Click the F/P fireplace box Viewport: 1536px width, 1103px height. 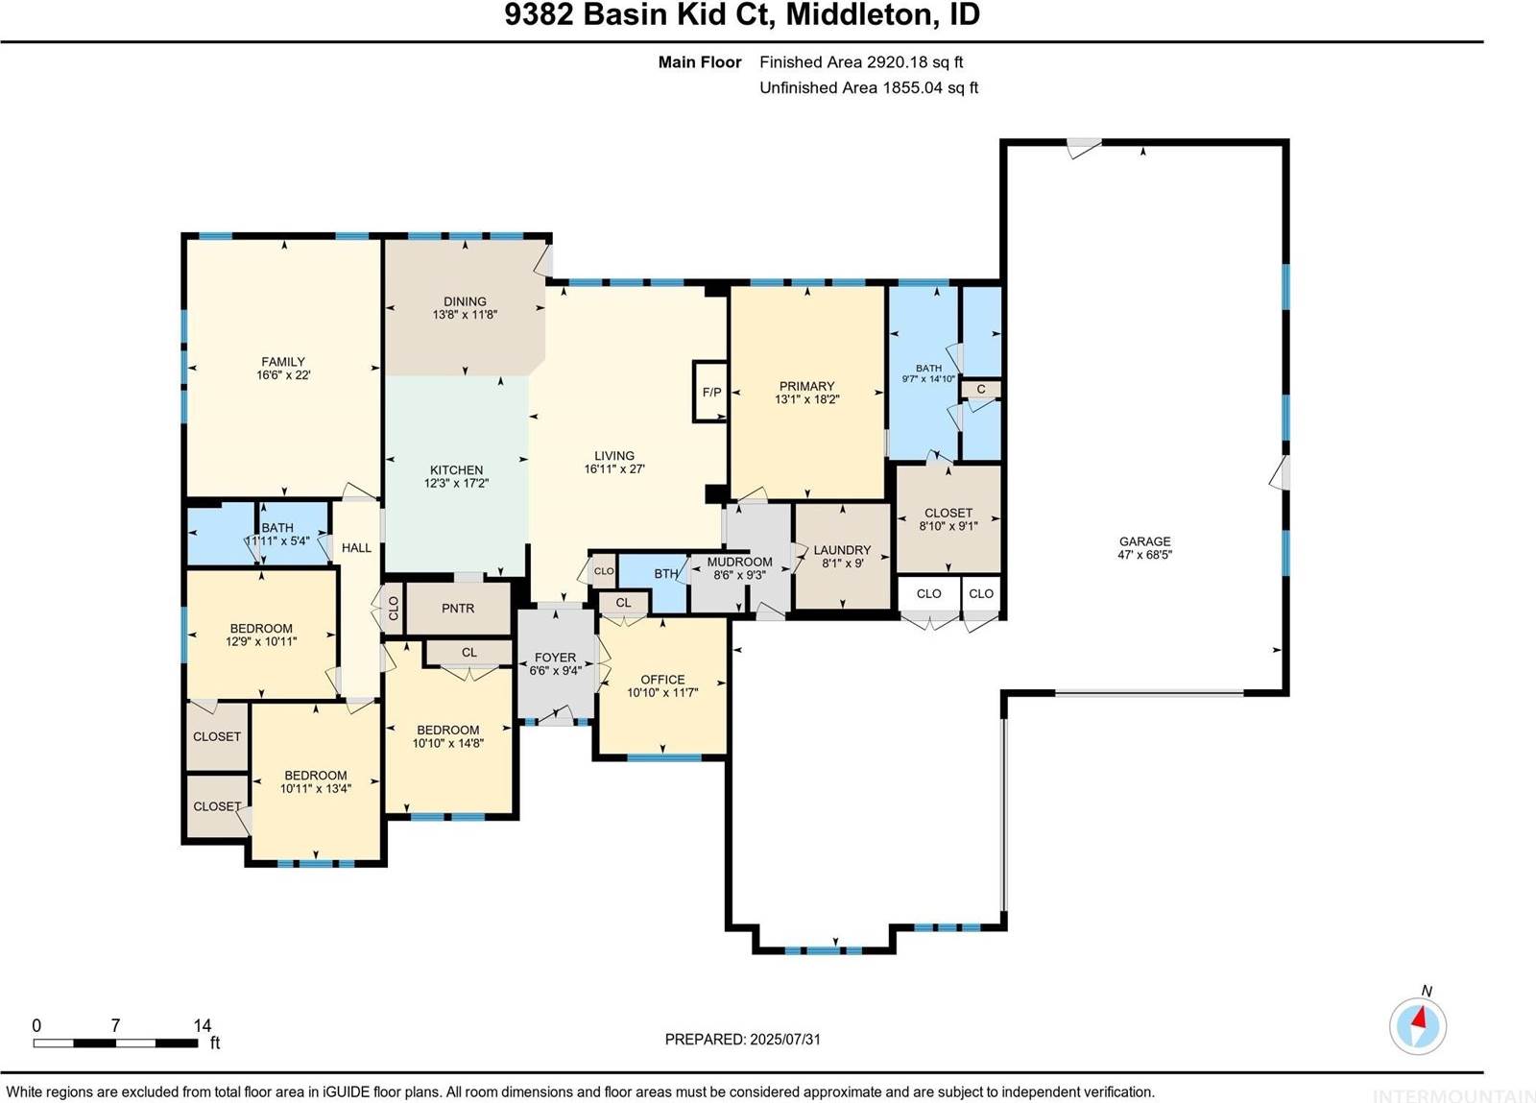coord(711,392)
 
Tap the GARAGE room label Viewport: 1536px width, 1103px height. coord(1144,541)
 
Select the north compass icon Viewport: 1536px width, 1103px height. coord(1418,1025)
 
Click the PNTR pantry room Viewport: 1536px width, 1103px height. coord(458,609)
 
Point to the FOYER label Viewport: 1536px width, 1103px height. coord(555,658)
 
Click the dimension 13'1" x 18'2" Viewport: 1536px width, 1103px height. coord(806,399)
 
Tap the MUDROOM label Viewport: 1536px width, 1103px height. coord(739,562)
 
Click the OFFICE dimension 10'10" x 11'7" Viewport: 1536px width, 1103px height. coord(662,692)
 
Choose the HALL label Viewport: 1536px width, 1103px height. coord(356,548)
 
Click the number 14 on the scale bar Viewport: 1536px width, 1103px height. coord(202,1025)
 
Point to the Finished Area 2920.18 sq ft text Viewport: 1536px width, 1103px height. coord(861,62)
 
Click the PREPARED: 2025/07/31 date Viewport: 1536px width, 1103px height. coord(742,1039)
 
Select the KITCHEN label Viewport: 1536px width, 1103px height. coord(456,470)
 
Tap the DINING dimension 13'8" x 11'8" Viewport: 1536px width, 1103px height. coord(465,315)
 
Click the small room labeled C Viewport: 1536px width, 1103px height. coord(981,389)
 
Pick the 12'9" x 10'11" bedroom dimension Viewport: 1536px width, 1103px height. coord(261,641)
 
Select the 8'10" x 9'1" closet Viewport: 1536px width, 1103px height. coord(948,526)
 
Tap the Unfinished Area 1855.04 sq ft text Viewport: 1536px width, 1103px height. coord(869,87)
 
